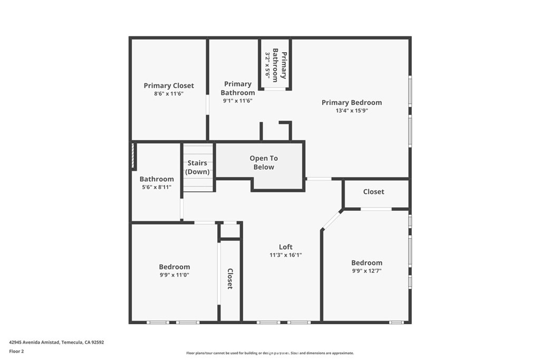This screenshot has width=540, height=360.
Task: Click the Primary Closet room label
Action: click(x=169, y=85)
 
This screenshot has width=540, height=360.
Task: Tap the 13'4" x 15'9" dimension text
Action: click(x=352, y=111)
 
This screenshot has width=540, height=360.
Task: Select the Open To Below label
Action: click(x=264, y=162)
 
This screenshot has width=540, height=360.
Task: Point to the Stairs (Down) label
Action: click(x=197, y=167)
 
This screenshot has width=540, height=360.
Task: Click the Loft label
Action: click(x=286, y=247)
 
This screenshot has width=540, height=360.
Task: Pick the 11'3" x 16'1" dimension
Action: click(x=286, y=255)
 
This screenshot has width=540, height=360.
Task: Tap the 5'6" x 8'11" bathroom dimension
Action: click(x=157, y=187)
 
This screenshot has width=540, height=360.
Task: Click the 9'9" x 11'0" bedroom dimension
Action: click(x=174, y=275)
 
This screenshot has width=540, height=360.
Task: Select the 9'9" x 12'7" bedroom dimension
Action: click(x=367, y=270)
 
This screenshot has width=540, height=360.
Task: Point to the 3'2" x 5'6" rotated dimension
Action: click(x=267, y=64)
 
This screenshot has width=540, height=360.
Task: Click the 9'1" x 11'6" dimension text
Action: click(x=238, y=101)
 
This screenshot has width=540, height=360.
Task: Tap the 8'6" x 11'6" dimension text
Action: click(x=169, y=93)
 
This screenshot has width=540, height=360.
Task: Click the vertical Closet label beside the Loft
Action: click(x=230, y=278)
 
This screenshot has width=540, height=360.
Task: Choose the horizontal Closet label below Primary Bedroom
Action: click(x=374, y=192)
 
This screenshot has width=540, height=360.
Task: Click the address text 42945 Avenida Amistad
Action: click(x=35, y=342)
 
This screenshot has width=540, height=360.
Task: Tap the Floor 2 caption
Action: click(x=16, y=352)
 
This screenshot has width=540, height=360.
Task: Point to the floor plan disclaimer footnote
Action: click(x=270, y=353)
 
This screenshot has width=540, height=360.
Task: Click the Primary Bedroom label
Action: click(x=352, y=102)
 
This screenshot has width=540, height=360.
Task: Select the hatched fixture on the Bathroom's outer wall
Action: click(x=133, y=156)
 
